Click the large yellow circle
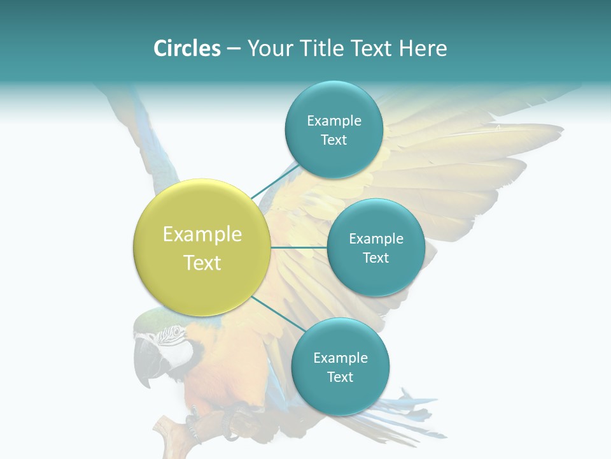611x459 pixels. click(x=202, y=248)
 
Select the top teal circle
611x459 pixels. click(x=334, y=130)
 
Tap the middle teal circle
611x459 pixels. click(x=376, y=248)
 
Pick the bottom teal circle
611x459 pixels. click(x=340, y=367)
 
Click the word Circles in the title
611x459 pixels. click(x=186, y=48)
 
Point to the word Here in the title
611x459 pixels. click(x=423, y=48)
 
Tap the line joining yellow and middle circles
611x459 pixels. click(x=299, y=247)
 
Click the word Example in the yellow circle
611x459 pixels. click(x=202, y=235)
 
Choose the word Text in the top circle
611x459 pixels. click(x=334, y=140)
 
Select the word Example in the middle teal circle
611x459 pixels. click(x=376, y=238)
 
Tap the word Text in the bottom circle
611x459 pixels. click(x=340, y=377)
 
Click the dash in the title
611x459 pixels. click(x=234, y=48)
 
